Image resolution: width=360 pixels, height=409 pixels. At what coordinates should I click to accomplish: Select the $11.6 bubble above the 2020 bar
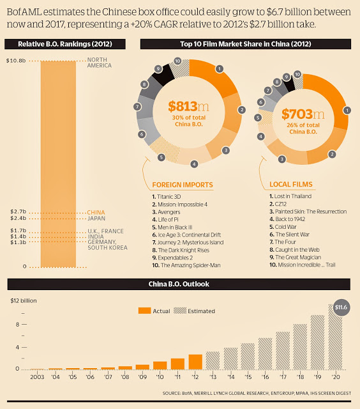341,307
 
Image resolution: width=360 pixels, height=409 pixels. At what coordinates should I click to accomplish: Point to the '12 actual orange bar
195,361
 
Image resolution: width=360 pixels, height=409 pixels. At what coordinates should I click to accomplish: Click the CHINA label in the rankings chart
96,212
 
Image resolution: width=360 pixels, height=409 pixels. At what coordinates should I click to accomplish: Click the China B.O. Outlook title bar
180,284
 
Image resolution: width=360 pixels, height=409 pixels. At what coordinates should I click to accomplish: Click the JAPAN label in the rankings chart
96,219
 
